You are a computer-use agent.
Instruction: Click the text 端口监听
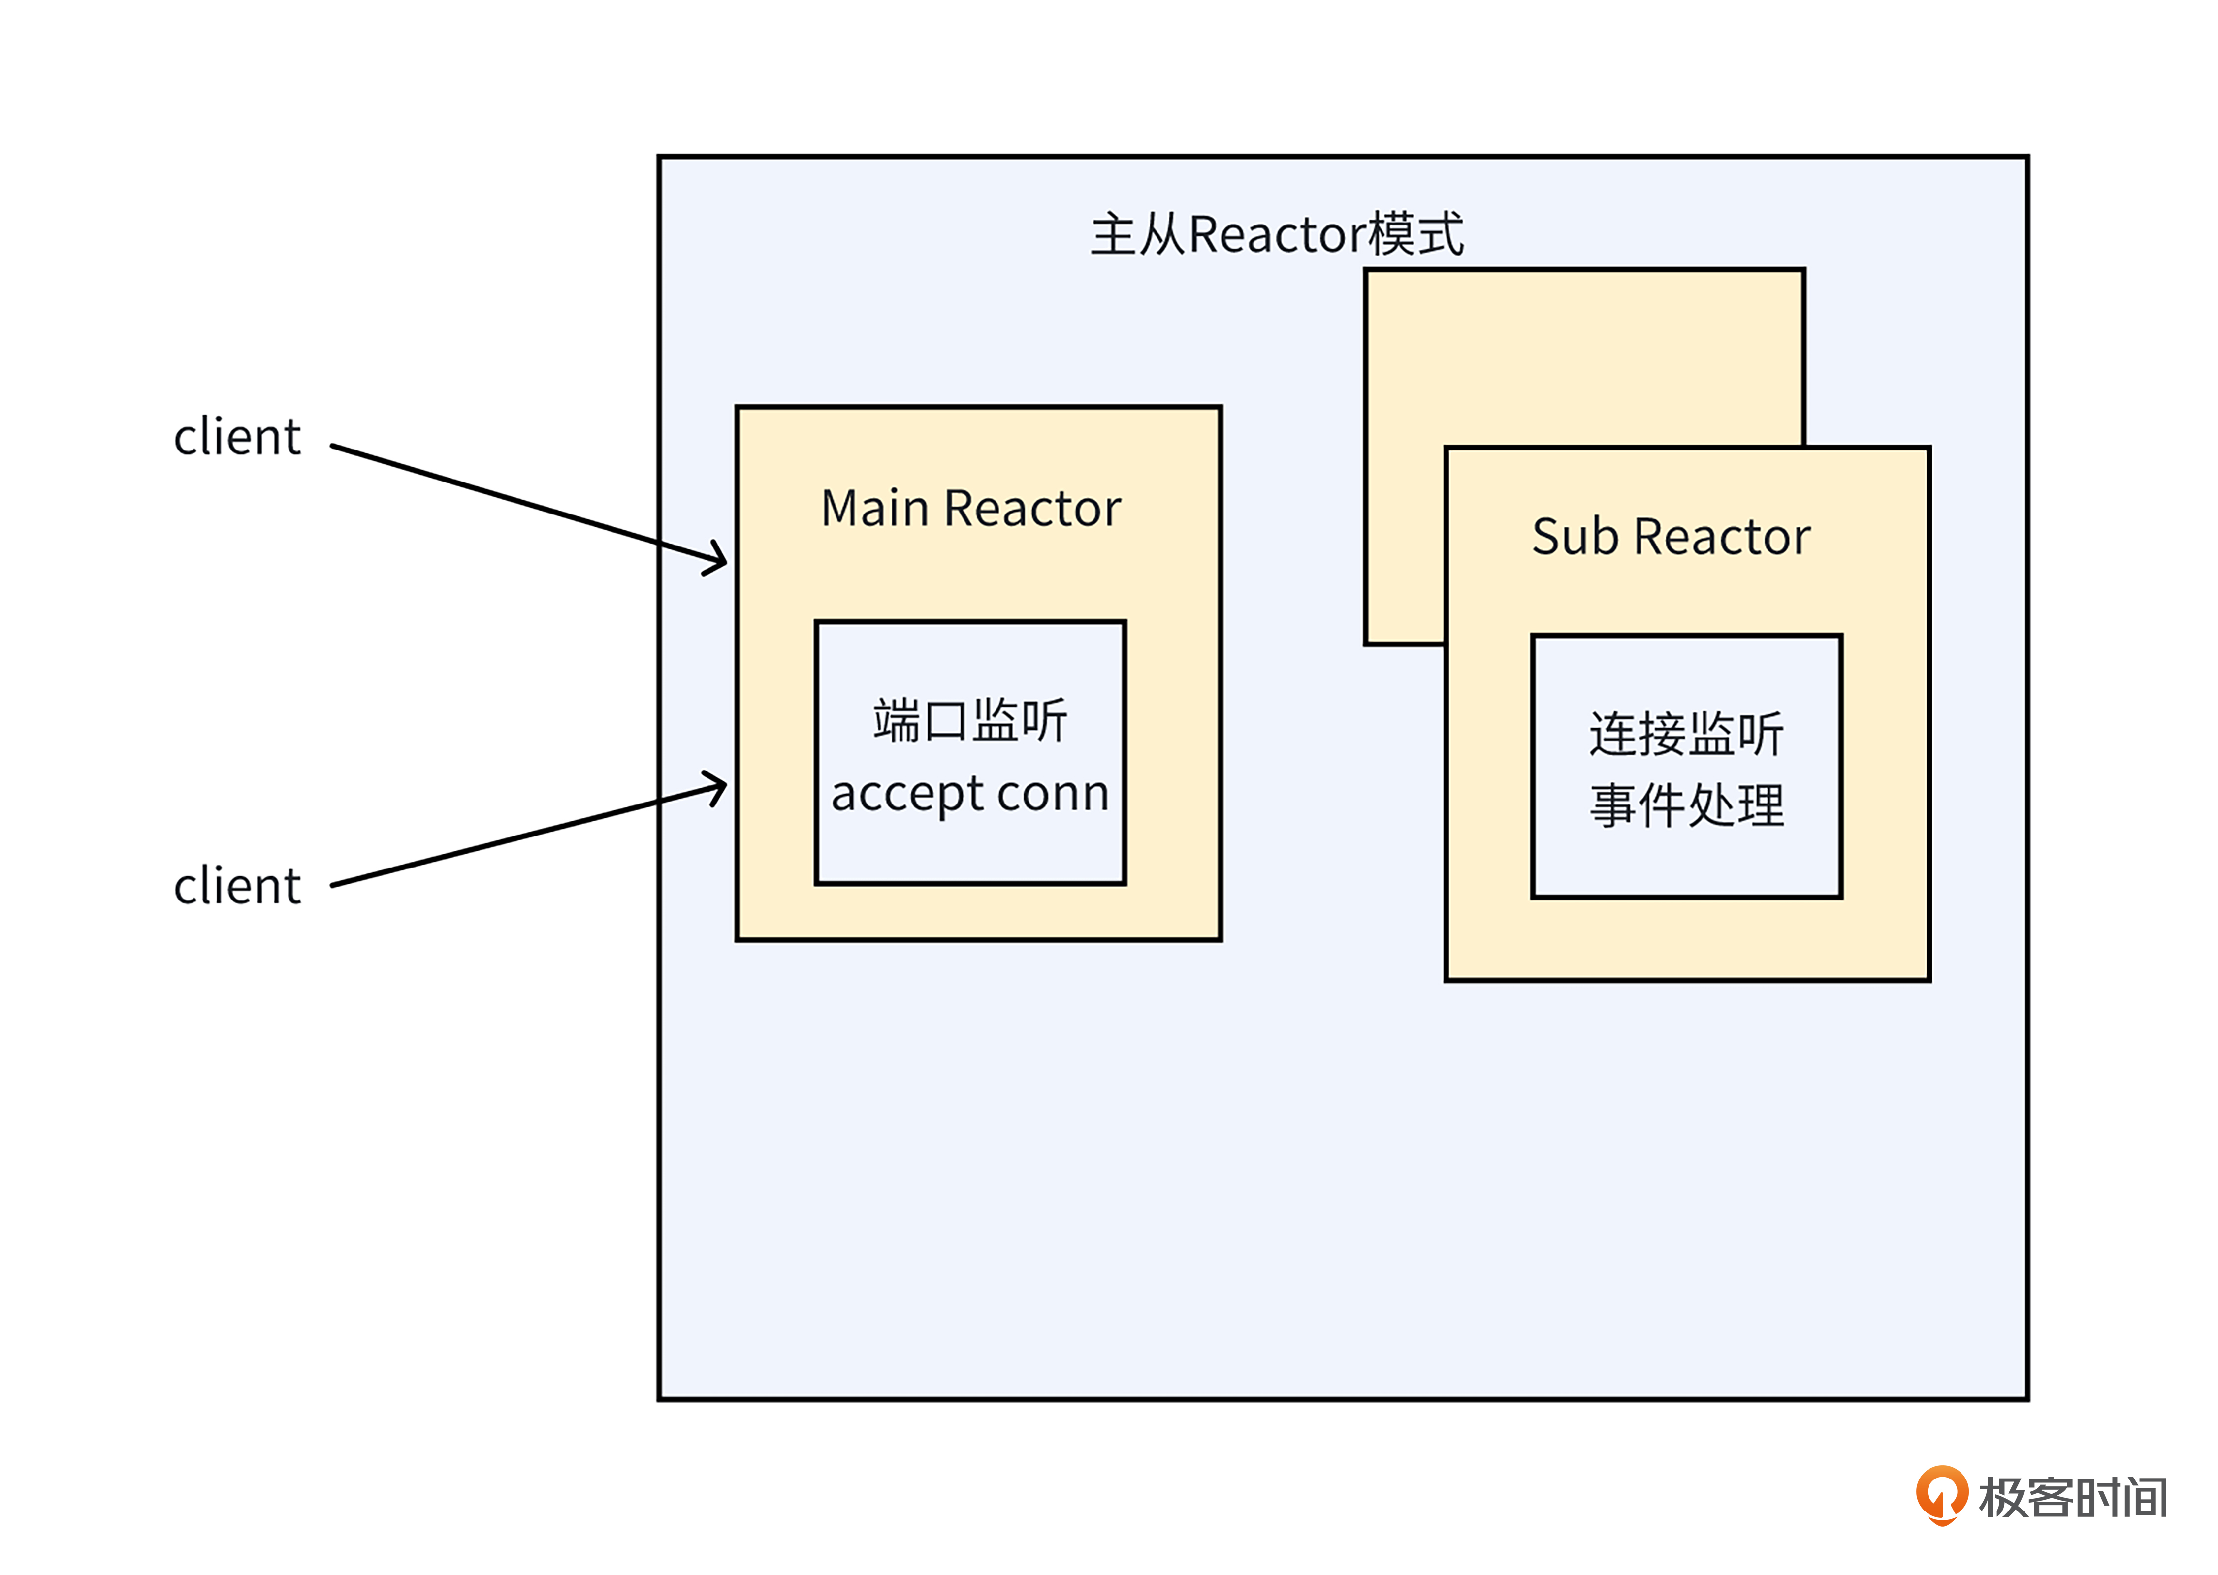point(970,721)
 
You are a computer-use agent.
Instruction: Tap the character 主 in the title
point(1113,235)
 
